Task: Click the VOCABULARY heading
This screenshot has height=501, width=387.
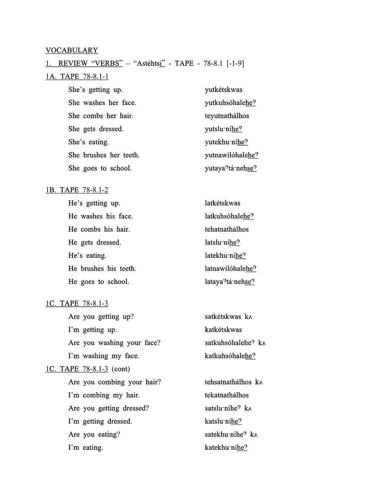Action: (72, 50)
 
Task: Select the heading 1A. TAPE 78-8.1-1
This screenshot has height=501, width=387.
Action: (77, 77)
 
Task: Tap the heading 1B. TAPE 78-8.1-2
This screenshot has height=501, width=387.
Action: (77, 190)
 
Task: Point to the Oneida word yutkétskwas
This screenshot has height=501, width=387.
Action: (223, 90)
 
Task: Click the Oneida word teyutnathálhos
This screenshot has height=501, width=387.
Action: (227, 116)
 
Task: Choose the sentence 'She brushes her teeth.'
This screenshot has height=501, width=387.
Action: (104, 155)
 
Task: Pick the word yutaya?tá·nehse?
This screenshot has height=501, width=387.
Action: (231, 168)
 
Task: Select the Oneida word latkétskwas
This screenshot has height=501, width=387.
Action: (222, 203)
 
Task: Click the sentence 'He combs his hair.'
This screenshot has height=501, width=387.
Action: (99, 229)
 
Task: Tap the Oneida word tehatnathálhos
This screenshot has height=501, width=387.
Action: (227, 229)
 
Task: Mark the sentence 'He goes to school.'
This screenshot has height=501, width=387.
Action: (99, 282)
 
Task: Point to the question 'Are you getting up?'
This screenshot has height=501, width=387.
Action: (101, 317)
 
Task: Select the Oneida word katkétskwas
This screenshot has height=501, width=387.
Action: (223, 330)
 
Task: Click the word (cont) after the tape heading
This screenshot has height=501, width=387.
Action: (121, 369)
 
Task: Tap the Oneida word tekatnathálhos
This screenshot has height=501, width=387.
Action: (227, 395)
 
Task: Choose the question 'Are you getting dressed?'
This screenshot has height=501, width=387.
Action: (109, 408)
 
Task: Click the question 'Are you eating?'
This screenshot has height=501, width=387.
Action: (94, 435)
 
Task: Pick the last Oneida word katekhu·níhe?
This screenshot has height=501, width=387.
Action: (226, 448)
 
